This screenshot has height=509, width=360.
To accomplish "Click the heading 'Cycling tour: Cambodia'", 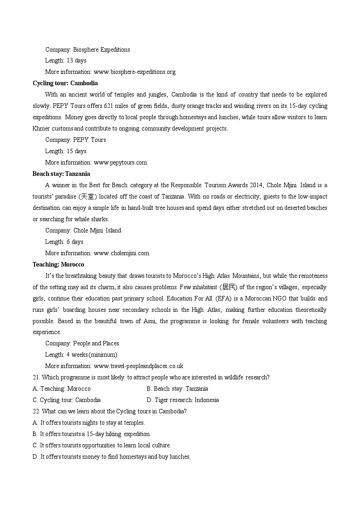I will click(65, 83).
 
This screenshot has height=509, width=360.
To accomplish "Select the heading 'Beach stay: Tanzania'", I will click(61, 174).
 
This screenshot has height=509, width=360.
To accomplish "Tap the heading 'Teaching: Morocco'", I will click(58, 264).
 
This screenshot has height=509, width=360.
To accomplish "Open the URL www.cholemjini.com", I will click(121, 253).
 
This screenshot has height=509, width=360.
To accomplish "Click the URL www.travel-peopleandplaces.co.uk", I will click(138, 366).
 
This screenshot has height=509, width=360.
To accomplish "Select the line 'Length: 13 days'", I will click(66, 60).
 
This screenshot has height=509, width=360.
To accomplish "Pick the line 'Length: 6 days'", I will click(64, 242).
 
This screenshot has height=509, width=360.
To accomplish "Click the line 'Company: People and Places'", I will click(82, 343).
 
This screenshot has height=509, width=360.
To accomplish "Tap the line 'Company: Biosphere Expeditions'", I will click(88, 49).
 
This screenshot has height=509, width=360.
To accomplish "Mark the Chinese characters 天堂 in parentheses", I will click(88, 196).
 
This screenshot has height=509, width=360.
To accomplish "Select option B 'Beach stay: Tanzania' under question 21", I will click(177, 388).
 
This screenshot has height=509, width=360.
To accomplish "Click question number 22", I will click(36, 411).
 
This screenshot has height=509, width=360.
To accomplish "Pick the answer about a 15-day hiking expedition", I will click(92, 434).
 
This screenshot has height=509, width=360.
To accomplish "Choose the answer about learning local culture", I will click(102, 445).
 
